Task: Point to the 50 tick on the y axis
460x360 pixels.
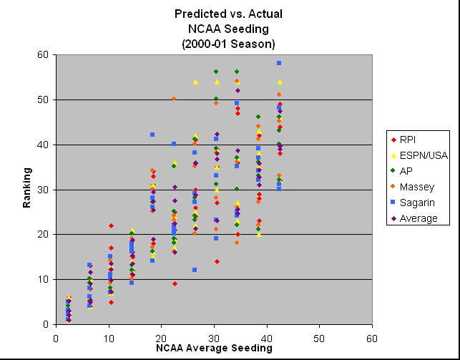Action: [x=45, y=99]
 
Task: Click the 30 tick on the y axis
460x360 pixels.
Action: [x=45, y=190]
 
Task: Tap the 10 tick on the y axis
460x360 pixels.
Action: [x=45, y=279]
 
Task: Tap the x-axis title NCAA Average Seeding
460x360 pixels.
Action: [x=213, y=348]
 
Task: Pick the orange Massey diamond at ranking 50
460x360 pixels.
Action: [x=174, y=99]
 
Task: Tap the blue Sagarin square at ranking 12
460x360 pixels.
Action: [x=195, y=270]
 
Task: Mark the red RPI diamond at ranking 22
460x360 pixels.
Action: [x=111, y=225]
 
